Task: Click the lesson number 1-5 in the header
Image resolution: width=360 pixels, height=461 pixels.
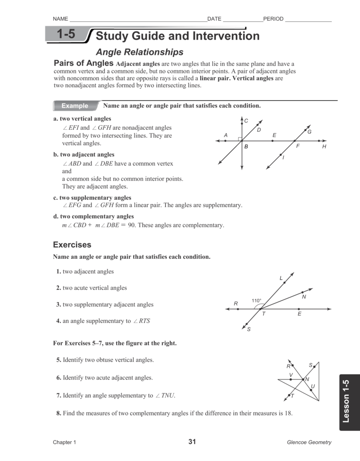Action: click(66, 35)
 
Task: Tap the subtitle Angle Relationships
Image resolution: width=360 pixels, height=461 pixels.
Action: click(140, 52)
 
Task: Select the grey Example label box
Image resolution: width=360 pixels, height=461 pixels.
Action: click(75, 106)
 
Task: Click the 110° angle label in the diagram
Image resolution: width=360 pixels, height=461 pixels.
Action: click(256, 301)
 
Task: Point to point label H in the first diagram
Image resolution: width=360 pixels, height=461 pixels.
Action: click(324, 147)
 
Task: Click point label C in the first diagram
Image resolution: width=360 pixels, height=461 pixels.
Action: click(246, 121)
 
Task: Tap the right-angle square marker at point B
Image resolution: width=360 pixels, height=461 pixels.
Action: click(240, 139)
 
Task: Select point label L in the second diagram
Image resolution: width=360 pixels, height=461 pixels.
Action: click(281, 279)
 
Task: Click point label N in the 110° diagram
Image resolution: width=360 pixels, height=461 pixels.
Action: click(304, 297)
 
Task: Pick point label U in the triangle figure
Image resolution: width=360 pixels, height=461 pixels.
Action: click(313, 386)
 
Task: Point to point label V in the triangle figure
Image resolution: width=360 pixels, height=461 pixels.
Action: click(291, 375)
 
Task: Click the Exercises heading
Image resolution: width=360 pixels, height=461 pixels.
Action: click(72, 245)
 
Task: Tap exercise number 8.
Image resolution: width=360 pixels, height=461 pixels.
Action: click(58, 413)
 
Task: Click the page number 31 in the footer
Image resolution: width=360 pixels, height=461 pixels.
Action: click(192, 442)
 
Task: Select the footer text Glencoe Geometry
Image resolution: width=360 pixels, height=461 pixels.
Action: click(309, 442)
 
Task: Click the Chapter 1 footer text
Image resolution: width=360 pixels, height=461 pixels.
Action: click(64, 442)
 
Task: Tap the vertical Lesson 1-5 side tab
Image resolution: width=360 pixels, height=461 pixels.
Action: click(346, 401)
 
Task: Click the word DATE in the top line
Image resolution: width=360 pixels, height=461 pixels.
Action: click(214, 19)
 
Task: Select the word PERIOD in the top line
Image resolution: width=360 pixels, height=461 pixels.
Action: click(273, 19)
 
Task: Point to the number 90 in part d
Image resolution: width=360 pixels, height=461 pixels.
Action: click(132, 225)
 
